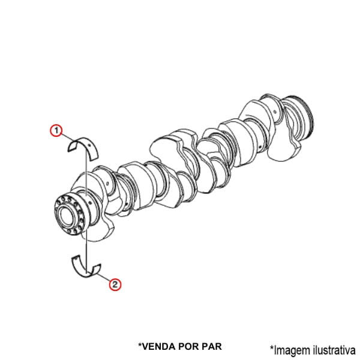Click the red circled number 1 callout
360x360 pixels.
click(56, 130)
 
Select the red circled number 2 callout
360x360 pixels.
click(115, 284)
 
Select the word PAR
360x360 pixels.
click(212, 346)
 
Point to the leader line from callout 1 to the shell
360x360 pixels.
click(69, 137)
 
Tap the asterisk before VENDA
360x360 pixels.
click(140, 345)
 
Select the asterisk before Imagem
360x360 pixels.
click(272, 347)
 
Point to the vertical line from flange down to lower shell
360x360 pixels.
click(86, 252)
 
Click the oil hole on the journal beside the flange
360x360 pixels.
click(90, 203)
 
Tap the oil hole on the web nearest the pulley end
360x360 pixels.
click(275, 112)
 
